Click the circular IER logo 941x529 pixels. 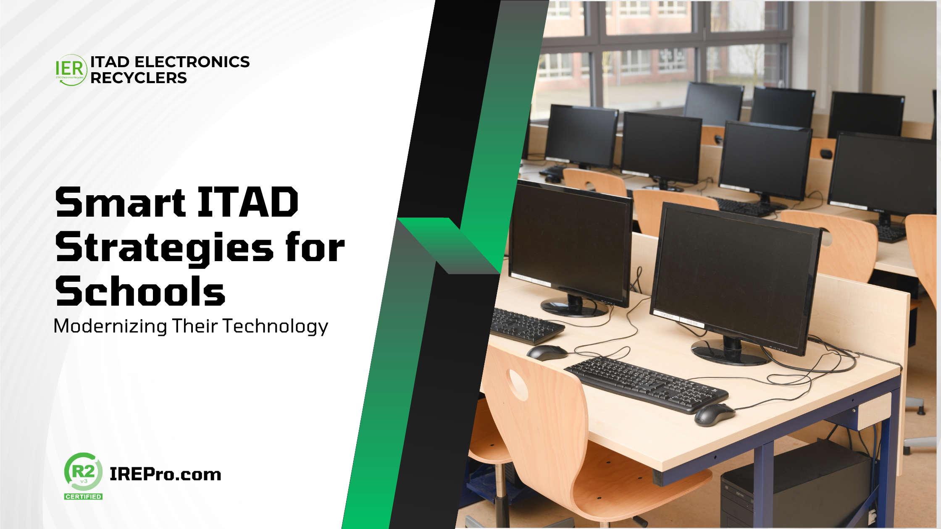(71, 70)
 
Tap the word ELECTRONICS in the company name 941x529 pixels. (192, 62)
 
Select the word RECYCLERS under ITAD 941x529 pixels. (139, 78)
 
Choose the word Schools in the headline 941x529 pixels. (140, 291)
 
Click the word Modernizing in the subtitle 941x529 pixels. (110, 326)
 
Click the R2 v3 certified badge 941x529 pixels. (83, 476)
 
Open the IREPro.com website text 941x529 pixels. (166, 474)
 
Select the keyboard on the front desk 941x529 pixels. (646, 384)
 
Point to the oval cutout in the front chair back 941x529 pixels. (518, 385)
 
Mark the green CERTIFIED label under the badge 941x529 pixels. (83, 496)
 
